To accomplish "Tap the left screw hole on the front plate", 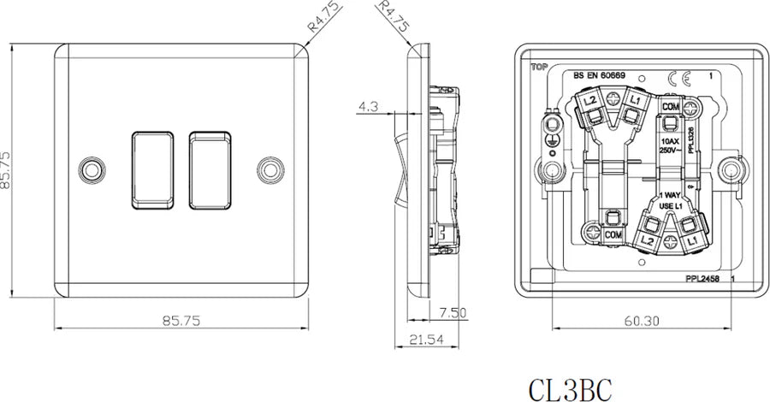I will (90, 167).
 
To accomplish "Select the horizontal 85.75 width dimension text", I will (181, 321).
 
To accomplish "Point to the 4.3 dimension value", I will (370, 108).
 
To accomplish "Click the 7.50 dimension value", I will (453, 313).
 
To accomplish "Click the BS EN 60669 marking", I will (599, 76).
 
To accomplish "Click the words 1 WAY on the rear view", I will (670, 195).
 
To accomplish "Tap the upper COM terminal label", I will (670, 105).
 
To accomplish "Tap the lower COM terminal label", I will (612, 234).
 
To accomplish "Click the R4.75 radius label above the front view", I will (325, 17).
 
